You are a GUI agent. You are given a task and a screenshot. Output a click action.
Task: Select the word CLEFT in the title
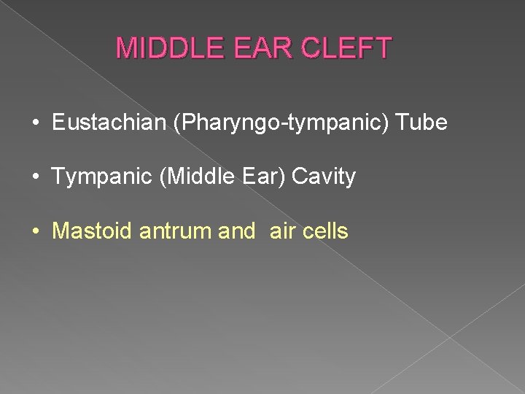(x=344, y=48)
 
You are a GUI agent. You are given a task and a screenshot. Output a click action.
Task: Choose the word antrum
(x=174, y=232)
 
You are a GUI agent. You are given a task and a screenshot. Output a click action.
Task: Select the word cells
(x=325, y=232)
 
